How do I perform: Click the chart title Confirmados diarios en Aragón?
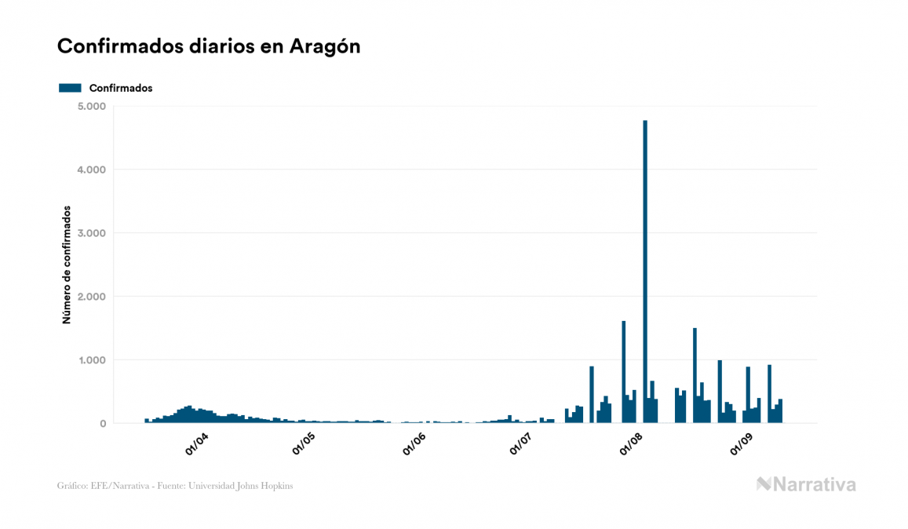tap(209, 46)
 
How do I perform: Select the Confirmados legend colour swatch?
tap(70, 88)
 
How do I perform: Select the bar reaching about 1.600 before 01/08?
tap(624, 373)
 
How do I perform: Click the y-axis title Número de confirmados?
tap(67, 265)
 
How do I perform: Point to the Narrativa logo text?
tap(814, 484)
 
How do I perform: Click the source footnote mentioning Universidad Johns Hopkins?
tap(175, 486)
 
